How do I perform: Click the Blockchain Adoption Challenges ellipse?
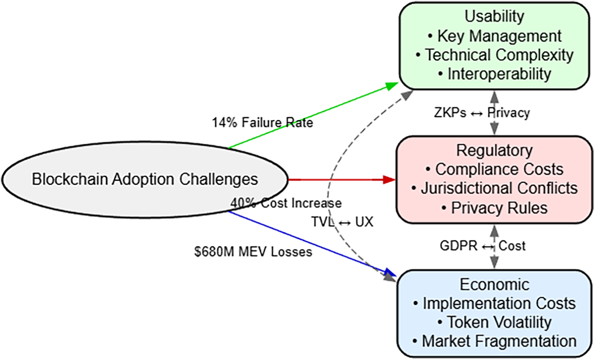[x=145, y=180]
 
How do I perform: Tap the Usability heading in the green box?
[x=494, y=16]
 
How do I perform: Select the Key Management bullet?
[x=494, y=36]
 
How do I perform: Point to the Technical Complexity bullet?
[x=494, y=55]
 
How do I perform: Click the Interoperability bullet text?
[x=494, y=74]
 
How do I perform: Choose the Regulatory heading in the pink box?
[x=494, y=151]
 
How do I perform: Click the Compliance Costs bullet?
[x=494, y=170]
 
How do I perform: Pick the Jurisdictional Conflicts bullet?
[x=494, y=189]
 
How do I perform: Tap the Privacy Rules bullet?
[x=494, y=208]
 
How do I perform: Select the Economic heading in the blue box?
[x=494, y=285]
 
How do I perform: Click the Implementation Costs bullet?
[x=494, y=303]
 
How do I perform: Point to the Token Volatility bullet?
[x=494, y=323]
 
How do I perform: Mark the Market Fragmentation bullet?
[x=494, y=341]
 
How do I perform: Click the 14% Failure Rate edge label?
[x=262, y=123]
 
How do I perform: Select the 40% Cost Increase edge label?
[x=286, y=203]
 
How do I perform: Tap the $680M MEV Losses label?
[x=253, y=252]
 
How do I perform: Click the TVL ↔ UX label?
[x=342, y=222]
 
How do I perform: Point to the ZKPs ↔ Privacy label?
[x=482, y=113]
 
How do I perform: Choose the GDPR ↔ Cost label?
[x=482, y=246]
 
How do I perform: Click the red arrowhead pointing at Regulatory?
[x=389, y=180]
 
